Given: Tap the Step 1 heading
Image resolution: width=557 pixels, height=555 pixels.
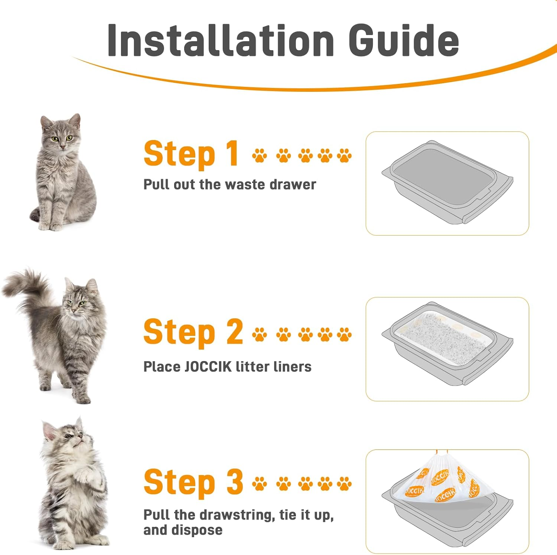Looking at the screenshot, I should [x=191, y=154].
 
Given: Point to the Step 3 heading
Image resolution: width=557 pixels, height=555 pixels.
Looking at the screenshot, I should [x=193, y=482].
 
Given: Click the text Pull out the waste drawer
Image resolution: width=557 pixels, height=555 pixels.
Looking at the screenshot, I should [x=229, y=184].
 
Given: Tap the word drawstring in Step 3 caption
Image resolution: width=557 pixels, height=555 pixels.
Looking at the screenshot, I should [x=238, y=515].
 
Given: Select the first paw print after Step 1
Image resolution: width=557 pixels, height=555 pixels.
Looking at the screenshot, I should [x=259, y=155].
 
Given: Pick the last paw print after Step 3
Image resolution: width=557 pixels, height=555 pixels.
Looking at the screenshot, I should [x=344, y=484].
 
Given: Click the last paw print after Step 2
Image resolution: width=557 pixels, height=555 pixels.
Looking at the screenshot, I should [x=344, y=334].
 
